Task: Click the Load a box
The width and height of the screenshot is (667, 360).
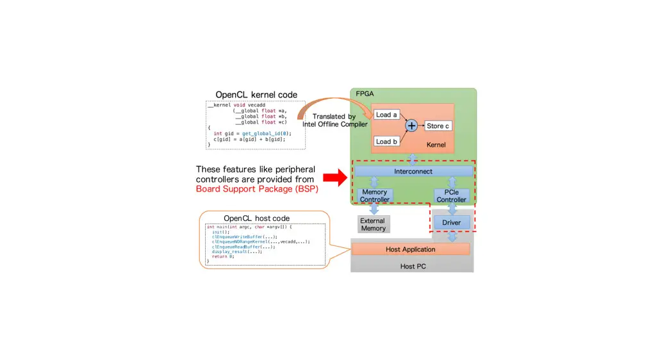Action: (x=386, y=115)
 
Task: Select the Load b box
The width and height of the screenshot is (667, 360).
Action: (x=386, y=141)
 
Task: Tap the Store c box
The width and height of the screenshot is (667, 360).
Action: (x=438, y=126)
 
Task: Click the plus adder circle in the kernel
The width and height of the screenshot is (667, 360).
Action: (x=411, y=126)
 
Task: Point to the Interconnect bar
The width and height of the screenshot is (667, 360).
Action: (x=413, y=172)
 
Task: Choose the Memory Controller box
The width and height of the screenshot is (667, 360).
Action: (x=375, y=195)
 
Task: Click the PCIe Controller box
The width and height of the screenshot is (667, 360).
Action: (x=452, y=195)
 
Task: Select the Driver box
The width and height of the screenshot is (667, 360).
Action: (x=452, y=222)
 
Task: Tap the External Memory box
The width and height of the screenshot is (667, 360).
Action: (x=373, y=224)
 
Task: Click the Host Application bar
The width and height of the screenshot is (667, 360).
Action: (x=411, y=249)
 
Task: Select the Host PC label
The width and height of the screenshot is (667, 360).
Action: (x=413, y=265)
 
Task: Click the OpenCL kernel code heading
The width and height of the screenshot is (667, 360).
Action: (x=256, y=95)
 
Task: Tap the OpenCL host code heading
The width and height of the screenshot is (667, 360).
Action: (x=256, y=218)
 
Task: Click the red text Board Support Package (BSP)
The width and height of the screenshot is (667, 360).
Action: (x=257, y=189)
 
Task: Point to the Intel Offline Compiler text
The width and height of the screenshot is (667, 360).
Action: (x=335, y=124)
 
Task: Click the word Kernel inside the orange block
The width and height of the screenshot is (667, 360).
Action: (x=436, y=145)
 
